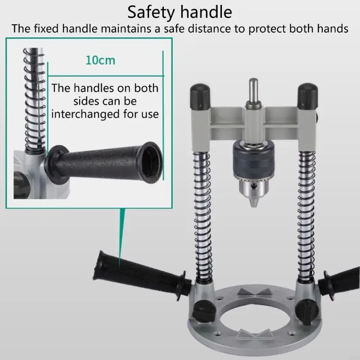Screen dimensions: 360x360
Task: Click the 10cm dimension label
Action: tap(100, 60)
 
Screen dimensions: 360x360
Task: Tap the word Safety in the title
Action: tap(150, 13)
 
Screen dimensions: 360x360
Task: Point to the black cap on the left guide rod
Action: tap(200, 96)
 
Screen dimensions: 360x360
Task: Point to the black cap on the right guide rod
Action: tap(308, 96)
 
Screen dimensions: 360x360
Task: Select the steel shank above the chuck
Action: tap(253, 91)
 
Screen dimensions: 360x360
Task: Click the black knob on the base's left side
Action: tap(204, 312)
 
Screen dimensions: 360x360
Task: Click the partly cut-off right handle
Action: tap(339, 283)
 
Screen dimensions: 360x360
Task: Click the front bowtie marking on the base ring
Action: tap(254, 334)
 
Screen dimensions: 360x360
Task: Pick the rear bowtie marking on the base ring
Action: tap(255, 292)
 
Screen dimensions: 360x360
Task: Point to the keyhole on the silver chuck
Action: tap(253, 186)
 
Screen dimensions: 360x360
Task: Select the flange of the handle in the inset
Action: tap(56, 164)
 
